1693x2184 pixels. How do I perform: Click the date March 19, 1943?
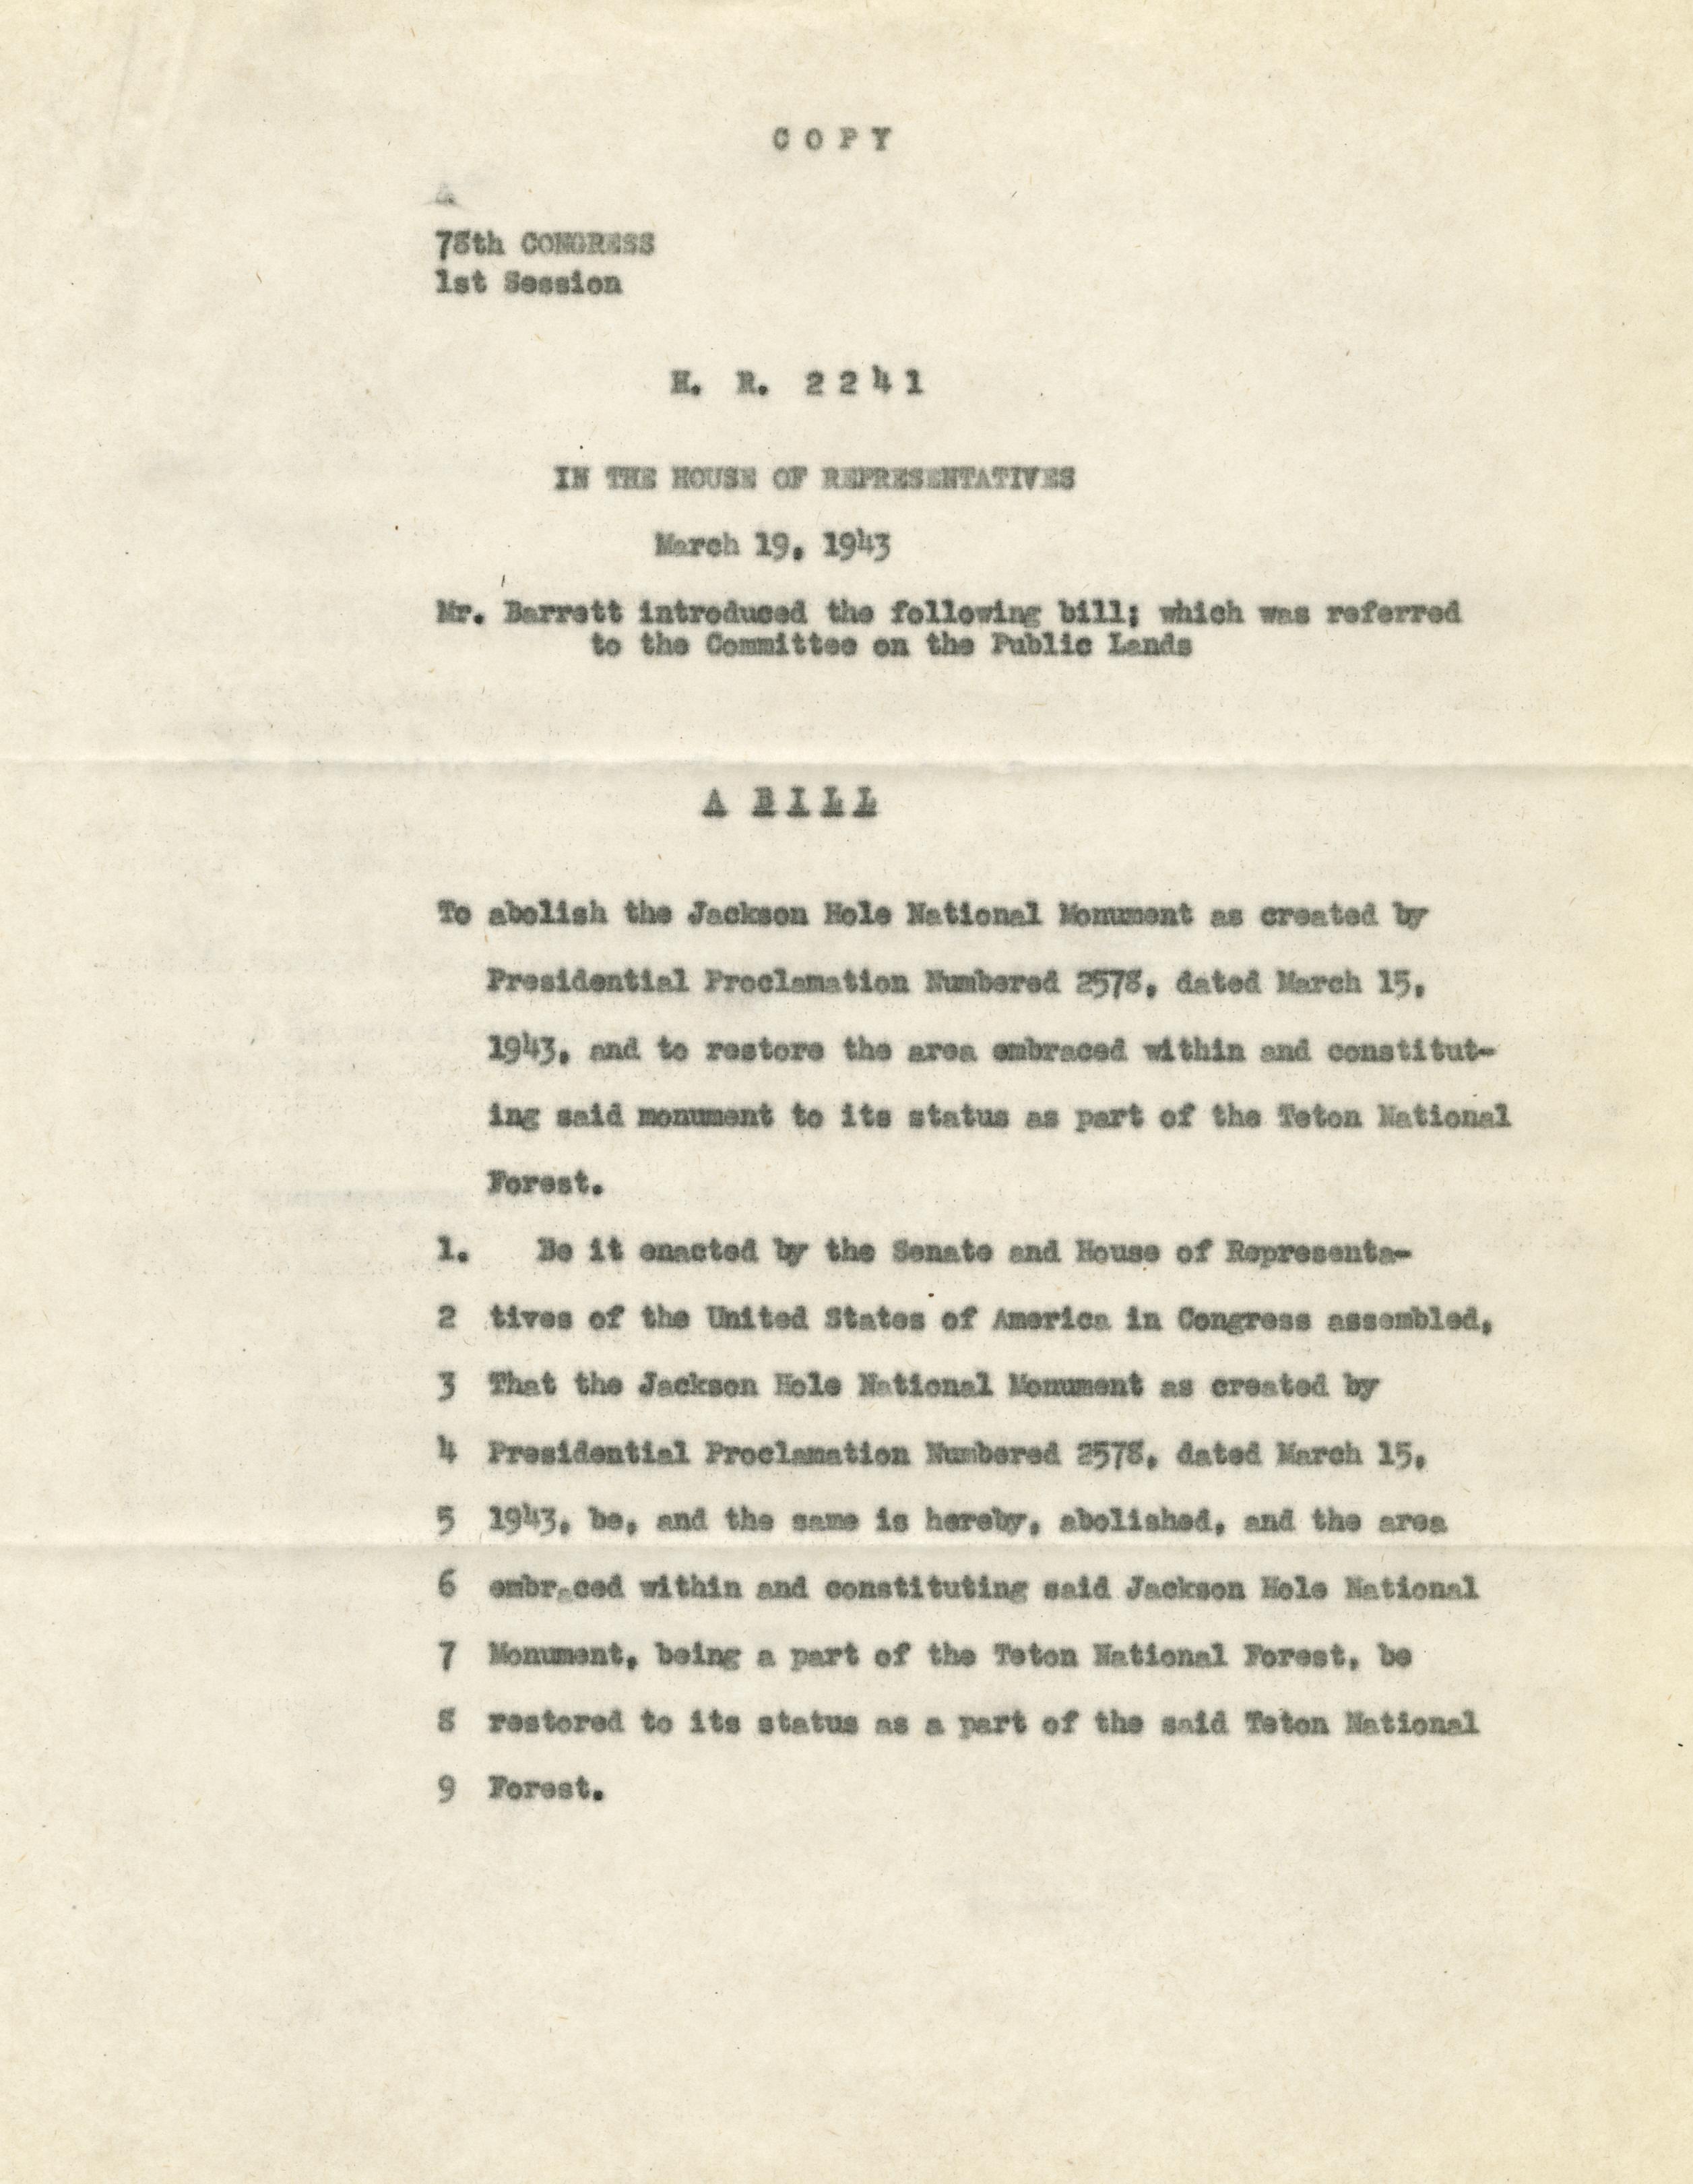point(770,547)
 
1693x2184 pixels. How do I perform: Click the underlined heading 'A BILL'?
point(790,806)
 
